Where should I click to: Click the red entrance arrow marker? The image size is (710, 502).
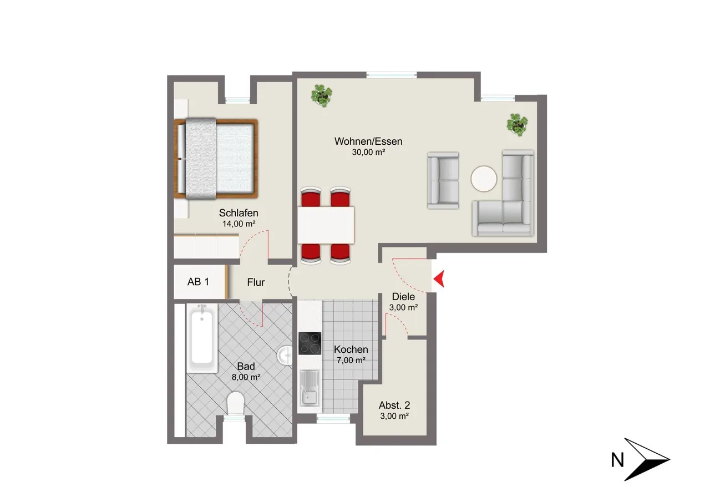[440, 279]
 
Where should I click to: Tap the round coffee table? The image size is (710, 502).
[484, 179]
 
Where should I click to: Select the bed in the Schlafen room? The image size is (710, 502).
[216, 159]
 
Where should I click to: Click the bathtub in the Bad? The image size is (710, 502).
[202, 338]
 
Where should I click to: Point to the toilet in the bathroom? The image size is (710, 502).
[235, 403]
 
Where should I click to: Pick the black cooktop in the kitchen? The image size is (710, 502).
[310, 343]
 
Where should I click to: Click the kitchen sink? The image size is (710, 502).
[310, 388]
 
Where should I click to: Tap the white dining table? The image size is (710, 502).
[326, 225]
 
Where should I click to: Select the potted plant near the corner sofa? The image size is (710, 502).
[517, 125]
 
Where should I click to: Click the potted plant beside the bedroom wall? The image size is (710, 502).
[322, 95]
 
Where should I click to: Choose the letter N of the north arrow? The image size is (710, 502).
[617, 460]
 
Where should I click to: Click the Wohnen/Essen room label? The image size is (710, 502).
[368, 141]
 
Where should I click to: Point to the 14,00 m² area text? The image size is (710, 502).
[239, 224]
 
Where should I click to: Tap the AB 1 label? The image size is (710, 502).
[198, 282]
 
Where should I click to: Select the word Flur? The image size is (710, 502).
[256, 282]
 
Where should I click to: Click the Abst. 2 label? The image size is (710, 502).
[394, 405]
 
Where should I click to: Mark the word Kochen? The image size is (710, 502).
[351, 349]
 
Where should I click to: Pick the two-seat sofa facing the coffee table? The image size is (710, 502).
[443, 180]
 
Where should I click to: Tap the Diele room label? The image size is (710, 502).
[403, 297]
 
